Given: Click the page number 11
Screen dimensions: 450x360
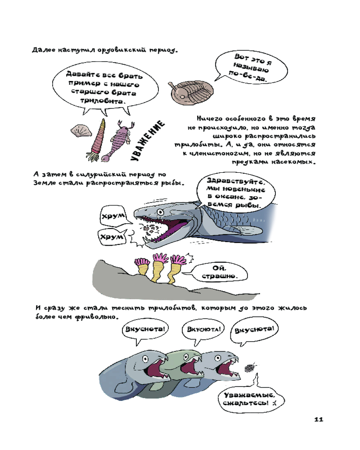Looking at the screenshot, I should tap(318, 419).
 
